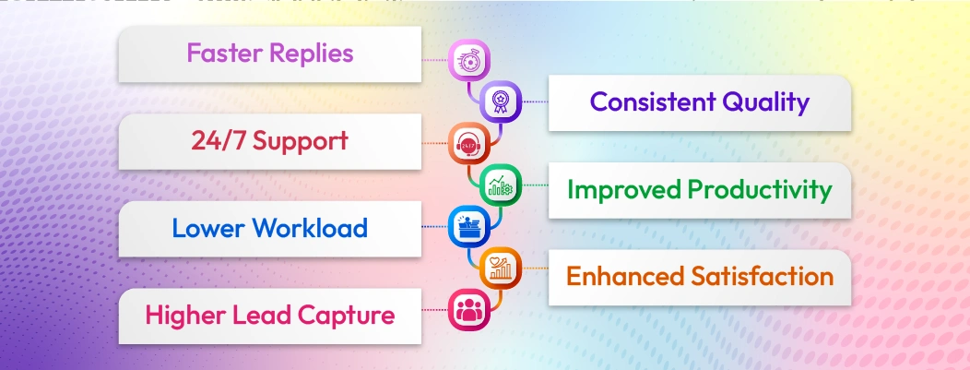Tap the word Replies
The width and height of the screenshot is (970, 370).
click(x=311, y=54)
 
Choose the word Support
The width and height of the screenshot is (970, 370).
click(x=300, y=141)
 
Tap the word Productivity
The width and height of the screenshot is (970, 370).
click(x=761, y=190)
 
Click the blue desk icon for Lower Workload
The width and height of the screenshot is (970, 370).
click(x=466, y=224)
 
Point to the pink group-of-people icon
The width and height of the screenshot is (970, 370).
click(x=466, y=309)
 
